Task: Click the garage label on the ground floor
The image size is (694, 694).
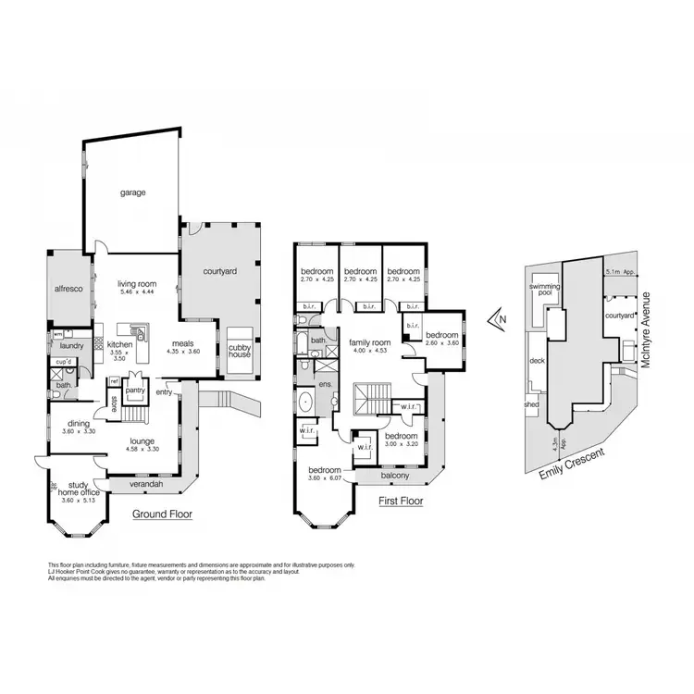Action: pyautogui.click(x=132, y=193)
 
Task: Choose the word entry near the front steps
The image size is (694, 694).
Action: pyautogui.click(x=167, y=391)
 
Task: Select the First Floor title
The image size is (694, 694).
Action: pyautogui.click(x=401, y=501)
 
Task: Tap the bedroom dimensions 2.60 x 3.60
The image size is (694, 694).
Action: pyautogui.click(x=441, y=343)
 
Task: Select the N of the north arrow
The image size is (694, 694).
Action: pyautogui.click(x=502, y=321)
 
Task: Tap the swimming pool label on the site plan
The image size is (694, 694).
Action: pyautogui.click(x=544, y=291)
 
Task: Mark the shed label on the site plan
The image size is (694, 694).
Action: pyautogui.click(x=531, y=404)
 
